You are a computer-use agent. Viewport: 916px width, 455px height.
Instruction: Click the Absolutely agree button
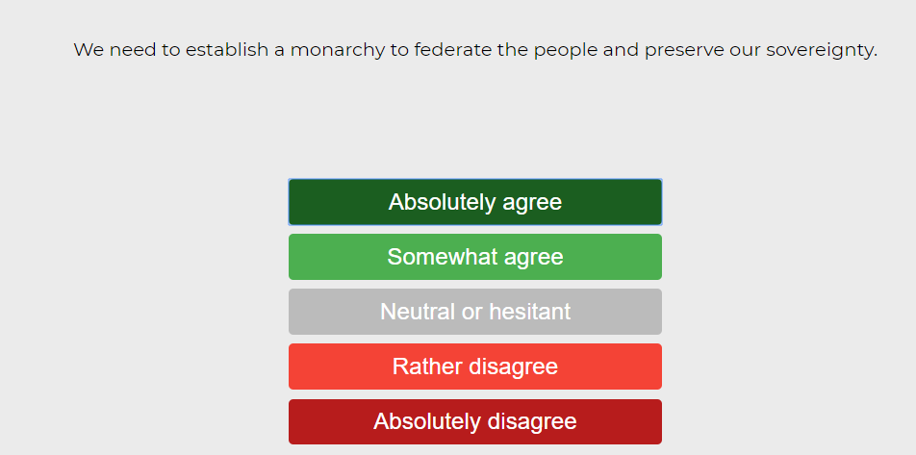(475, 202)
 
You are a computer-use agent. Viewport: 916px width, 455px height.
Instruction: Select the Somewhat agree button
(475, 257)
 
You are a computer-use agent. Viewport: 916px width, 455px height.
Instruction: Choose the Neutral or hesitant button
(475, 312)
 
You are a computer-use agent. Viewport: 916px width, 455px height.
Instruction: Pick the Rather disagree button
(475, 367)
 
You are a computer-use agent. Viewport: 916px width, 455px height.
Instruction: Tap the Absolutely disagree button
(475, 421)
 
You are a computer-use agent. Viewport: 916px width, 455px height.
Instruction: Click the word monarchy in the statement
(338, 51)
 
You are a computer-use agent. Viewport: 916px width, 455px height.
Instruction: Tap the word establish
(227, 50)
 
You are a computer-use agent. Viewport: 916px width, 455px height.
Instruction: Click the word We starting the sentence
(89, 50)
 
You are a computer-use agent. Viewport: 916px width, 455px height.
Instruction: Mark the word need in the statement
(133, 50)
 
